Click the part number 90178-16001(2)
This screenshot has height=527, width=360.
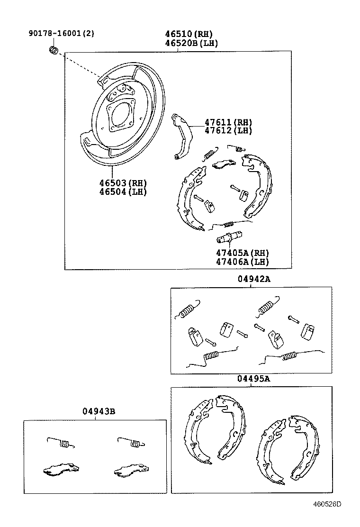coord(62,34)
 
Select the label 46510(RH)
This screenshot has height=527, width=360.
coord(189,34)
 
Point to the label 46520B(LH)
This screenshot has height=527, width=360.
coord(191,43)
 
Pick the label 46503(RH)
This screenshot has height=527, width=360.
coord(123,183)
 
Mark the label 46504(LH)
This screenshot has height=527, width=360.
coord(123,191)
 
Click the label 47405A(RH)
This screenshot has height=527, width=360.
coord(243,253)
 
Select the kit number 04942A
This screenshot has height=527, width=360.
coord(254,279)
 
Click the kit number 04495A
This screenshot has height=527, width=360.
coord(254,379)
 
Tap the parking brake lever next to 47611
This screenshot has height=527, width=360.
coord(181,135)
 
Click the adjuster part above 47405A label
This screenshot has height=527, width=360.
coord(230,236)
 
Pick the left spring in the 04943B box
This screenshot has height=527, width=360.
coord(61,442)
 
